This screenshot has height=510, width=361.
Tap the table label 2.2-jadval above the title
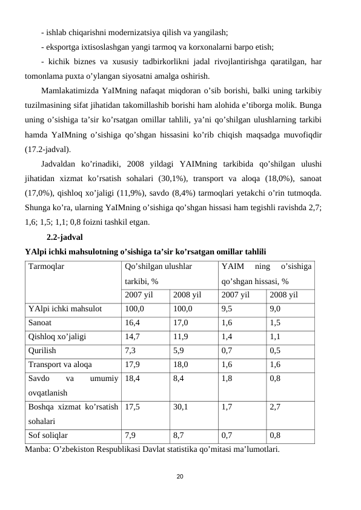64,237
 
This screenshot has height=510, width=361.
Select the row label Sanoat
40,323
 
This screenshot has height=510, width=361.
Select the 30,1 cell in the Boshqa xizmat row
180,407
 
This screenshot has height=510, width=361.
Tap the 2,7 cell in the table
275,407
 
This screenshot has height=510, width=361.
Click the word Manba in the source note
39,449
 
